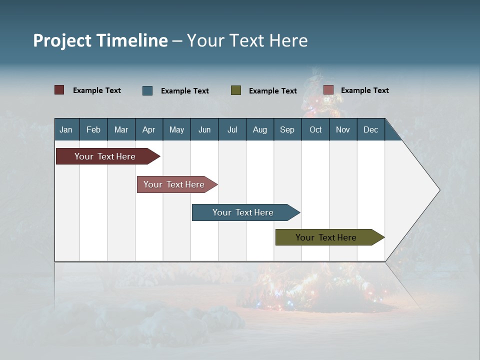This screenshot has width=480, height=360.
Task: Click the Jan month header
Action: tap(66, 129)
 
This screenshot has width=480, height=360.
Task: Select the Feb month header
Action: tap(93, 129)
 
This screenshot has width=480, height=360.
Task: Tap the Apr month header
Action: tap(148, 129)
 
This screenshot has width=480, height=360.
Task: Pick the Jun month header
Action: tap(204, 129)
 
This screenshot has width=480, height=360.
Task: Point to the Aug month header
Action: tap(259, 129)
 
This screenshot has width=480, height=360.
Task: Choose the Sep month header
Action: tap(287, 129)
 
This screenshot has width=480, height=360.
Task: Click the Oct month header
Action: tap(315, 129)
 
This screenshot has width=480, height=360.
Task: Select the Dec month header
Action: tap(370, 129)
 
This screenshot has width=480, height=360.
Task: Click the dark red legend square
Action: tap(59, 90)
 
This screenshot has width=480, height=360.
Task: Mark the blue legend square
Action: tap(147, 90)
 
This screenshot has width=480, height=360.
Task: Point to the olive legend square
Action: tap(236, 90)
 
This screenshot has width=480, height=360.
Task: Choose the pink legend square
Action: tap(328, 90)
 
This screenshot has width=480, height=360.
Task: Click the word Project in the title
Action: tap(62, 40)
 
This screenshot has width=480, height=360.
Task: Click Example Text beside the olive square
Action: tap(273, 91)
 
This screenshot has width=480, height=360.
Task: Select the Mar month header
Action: tap(121, 129)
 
